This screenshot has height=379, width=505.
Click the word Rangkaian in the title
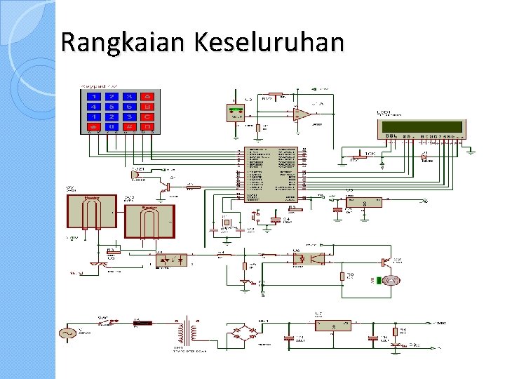pos(113,43)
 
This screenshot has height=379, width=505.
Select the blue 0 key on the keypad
pos(111,127)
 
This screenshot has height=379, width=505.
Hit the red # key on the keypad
pos(129,127)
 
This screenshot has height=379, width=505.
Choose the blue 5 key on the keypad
pos(111,107)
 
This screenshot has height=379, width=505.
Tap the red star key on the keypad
pos(93,127)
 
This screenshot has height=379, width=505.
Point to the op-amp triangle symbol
pos(302,114)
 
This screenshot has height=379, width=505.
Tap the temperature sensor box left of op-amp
pos(237,112)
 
